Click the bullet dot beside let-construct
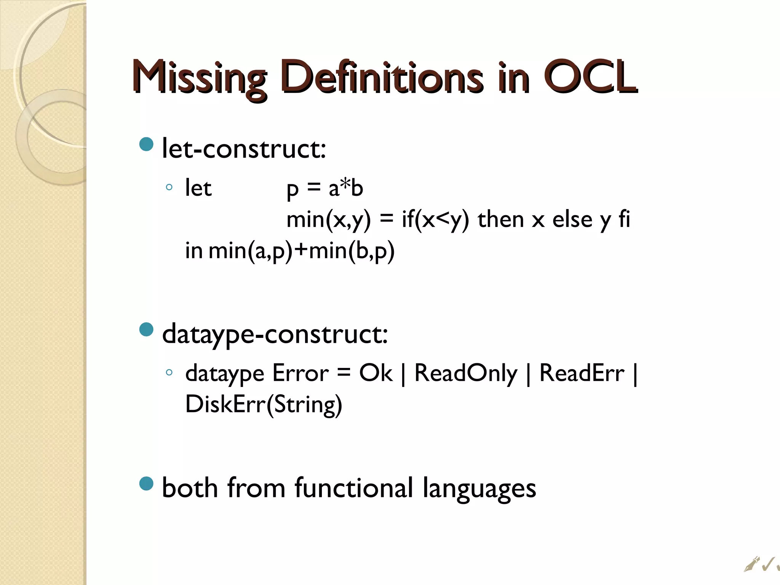pos(146,144)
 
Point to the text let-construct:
pos(244,149)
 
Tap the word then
pos(500,220)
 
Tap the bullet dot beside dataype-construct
pos(146,329)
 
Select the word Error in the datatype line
pos(300,373)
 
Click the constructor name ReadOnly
pos(466,373)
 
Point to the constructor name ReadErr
pos(582,373)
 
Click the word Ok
pos(375,373)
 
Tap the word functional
pos(354,488)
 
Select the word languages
pos(479,489)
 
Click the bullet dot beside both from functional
pos(146,483)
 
